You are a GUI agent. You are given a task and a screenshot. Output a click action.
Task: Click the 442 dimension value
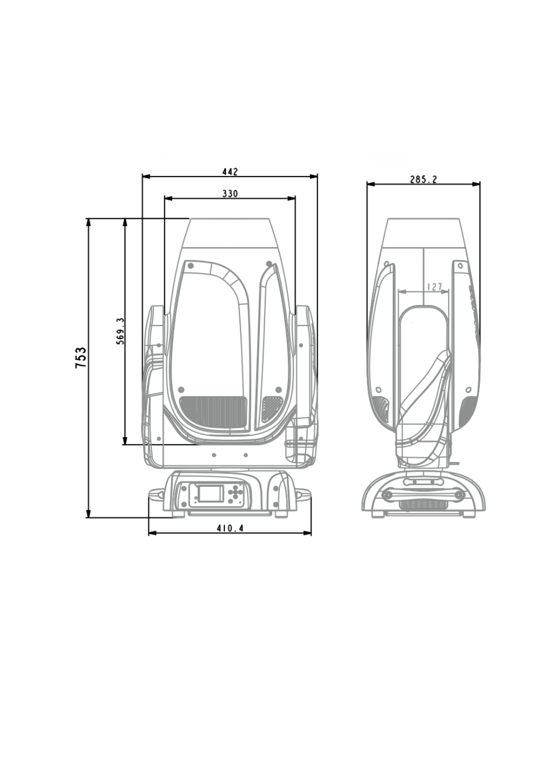tap(230, 172)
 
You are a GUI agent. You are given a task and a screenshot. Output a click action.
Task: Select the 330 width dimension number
tap(230, 194)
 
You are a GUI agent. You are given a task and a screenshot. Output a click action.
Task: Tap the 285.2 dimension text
tap(424, 179)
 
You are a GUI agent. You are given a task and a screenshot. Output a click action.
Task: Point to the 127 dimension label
tap(435, 287)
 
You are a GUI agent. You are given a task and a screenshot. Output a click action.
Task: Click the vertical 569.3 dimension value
tap(120, 331)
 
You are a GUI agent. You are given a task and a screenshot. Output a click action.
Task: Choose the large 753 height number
tap(81, 357)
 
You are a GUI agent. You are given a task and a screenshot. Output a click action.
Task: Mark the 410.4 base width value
tap(230, 528)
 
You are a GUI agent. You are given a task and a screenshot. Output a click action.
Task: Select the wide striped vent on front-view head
tap(213, 412)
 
